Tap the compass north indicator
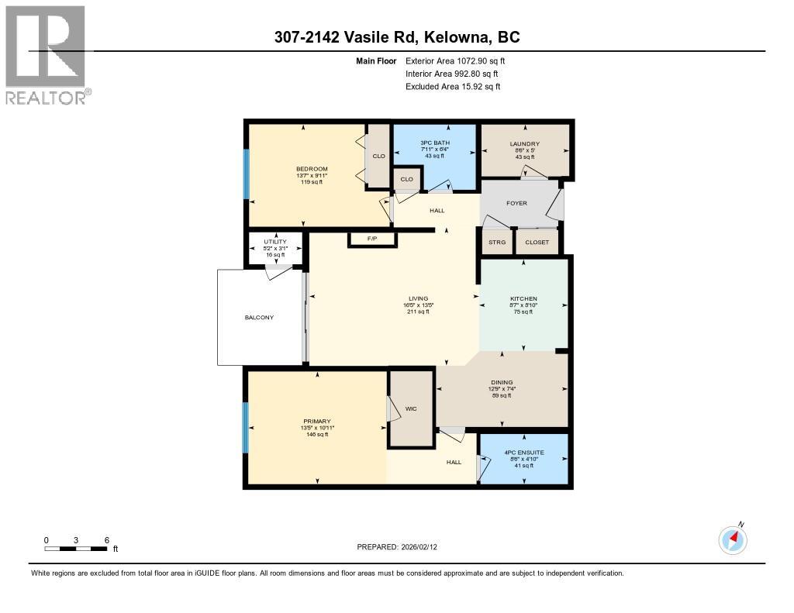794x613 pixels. pyautogui.click(x=733, y=539)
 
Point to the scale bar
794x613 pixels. pyautogui.click(x=75, y=549)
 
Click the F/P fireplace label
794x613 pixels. pyautogui.click(x=372, y=238)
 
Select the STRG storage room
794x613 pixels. pyautogui.click(x=496, y=243)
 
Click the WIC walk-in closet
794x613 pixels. pyautogui.click(x=411, y=408)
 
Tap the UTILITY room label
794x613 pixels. pyautogui.click(x=274, y=242)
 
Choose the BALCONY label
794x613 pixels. pyautogui.click(x=259, y=318)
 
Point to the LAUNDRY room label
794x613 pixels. pyautogui.click(x=525, y=144)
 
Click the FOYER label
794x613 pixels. pyautogui.click(x=516, y=203)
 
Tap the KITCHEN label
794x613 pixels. pyautogui.click(x=523, y=299)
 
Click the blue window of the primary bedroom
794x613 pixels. pyautogui.click(x=247, y=428)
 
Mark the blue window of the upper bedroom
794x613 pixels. pyautogui.click(x=247, y=174)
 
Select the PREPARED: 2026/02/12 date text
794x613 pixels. pyautogui.click(x=402, y=546)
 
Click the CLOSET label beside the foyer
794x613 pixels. pyautogui.click(x=537, y=243)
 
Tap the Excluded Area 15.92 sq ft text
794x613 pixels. pyautogui.click(x=453, y=87)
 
